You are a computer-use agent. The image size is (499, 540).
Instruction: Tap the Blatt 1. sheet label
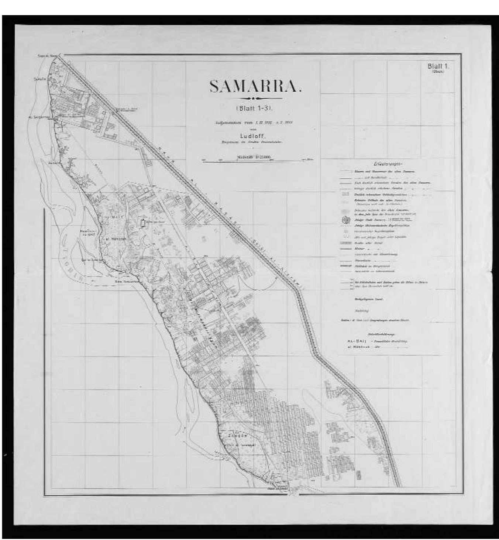tap(438, 66)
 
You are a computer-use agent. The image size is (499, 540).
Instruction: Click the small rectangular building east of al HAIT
tap(142, 223)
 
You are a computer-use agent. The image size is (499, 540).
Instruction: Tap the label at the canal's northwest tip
tap(46, 56)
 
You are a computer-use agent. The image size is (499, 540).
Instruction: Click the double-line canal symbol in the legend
tap(345, 243)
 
